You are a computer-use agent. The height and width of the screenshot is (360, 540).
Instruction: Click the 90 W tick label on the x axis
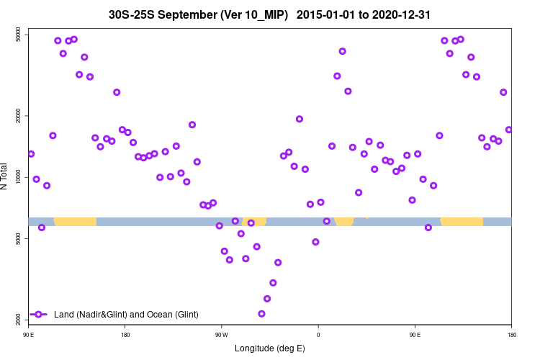[x=221, y=334]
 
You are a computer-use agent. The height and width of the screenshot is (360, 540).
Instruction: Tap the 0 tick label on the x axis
[x=318, y=334]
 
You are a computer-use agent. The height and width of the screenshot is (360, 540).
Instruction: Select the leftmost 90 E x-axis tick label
[x=29, y=334]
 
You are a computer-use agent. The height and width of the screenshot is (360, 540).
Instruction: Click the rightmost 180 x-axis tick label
[x=511, y=334]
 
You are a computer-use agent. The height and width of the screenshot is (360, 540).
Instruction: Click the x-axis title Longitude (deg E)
[x=270, y=348]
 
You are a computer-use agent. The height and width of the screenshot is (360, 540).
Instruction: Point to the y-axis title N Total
[x=6, y=176]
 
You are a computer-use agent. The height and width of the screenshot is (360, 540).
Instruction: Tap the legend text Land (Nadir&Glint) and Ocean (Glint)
[x=126, y=315]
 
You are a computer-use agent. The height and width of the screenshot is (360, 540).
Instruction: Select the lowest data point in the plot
[x=261, y=313]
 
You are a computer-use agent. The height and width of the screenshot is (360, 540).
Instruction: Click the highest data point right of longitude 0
[x=343, y=51]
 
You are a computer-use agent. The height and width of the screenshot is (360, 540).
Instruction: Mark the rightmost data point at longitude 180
[x=508, y=130]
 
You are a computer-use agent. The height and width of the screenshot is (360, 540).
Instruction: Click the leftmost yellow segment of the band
[x=75, y=221]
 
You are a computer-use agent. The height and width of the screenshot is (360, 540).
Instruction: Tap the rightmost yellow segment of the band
[x=462, y=221]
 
